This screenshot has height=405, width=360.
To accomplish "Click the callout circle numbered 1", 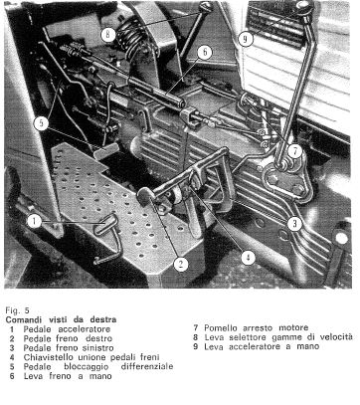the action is tap(35, 221).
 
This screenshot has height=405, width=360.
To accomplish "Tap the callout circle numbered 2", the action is tap(181, 265).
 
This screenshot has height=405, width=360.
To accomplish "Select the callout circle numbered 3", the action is tap(294, 224).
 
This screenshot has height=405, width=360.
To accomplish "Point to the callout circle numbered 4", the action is tap(249, 258).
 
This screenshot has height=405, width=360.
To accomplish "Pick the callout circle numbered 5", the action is tap(41, 123).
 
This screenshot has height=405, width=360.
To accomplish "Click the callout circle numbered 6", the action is tap(205, 53).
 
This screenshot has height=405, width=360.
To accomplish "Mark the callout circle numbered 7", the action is tap(294, 151).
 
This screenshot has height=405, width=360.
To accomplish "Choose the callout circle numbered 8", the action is tap(108, 35).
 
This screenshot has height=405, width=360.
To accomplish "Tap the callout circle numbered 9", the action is tap(246, 39).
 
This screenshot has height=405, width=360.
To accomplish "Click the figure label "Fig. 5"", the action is tap(17, 310).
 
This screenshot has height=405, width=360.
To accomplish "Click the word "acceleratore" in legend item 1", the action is tap(85, 329).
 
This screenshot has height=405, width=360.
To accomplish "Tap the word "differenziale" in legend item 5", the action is tap(147, 366).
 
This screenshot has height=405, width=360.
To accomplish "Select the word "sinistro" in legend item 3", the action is tap(97, 348).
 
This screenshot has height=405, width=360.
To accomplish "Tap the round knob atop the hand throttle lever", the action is tap(304, 8).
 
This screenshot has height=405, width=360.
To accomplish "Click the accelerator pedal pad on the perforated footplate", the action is tap(106, 224).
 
